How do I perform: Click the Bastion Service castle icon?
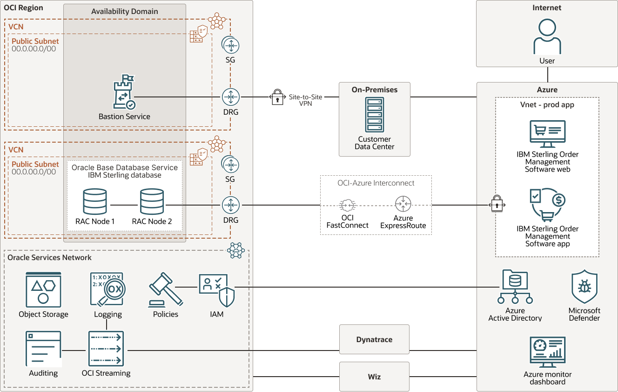(124, 92)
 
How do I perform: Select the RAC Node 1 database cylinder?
(95, 201)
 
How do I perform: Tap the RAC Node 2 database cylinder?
(152, 201)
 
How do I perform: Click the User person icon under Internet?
(547, 37)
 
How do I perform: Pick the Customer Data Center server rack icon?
(375, 115)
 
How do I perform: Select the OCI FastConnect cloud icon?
(347, 205)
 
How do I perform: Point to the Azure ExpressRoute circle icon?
(403, 204)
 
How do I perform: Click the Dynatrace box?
(374, 339)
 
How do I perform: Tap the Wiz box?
(374, 376)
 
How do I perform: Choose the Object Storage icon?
(43, 290)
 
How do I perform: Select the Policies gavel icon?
(165, 290)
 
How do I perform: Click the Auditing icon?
(43, 349)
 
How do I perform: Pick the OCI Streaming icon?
(106, 349)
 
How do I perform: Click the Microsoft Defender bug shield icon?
(584, 287)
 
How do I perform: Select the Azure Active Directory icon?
(515, 287)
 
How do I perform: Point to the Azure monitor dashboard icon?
(547, 352)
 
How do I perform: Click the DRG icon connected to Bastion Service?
(230, 97)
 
